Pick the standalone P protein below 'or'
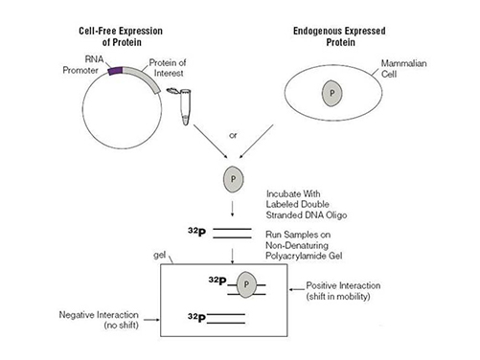coord(232,178)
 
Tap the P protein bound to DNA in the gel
coord(246,283)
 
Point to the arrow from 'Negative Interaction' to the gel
coord(152,315)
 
